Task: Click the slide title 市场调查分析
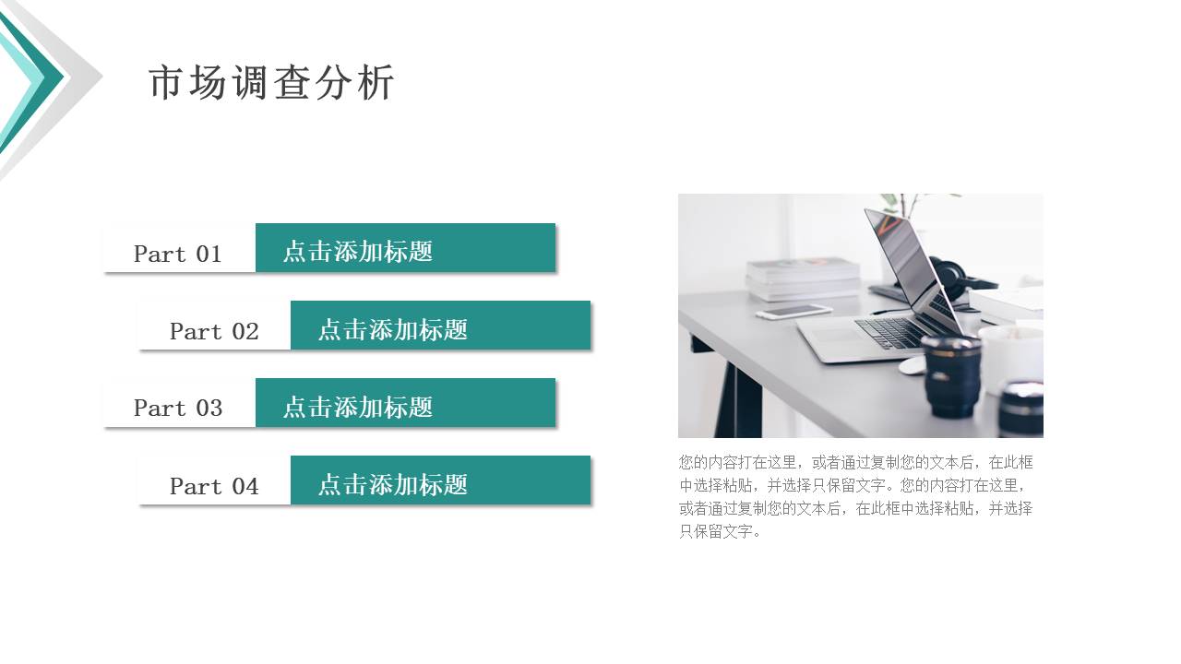click(271, 83)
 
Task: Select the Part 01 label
click(178, 254)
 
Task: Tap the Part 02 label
click(214, 331)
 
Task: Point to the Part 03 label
click(178, 408)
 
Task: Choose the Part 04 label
click(214, 486)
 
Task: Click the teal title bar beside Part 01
click(405, 248)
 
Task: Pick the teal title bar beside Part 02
click(440, 326)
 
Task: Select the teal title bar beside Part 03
click(405, 403)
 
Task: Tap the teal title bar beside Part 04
click(440, 480)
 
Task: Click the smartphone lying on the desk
click(793, 312)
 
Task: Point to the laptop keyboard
click(895, 331)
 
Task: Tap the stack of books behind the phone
click(803, 277)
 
